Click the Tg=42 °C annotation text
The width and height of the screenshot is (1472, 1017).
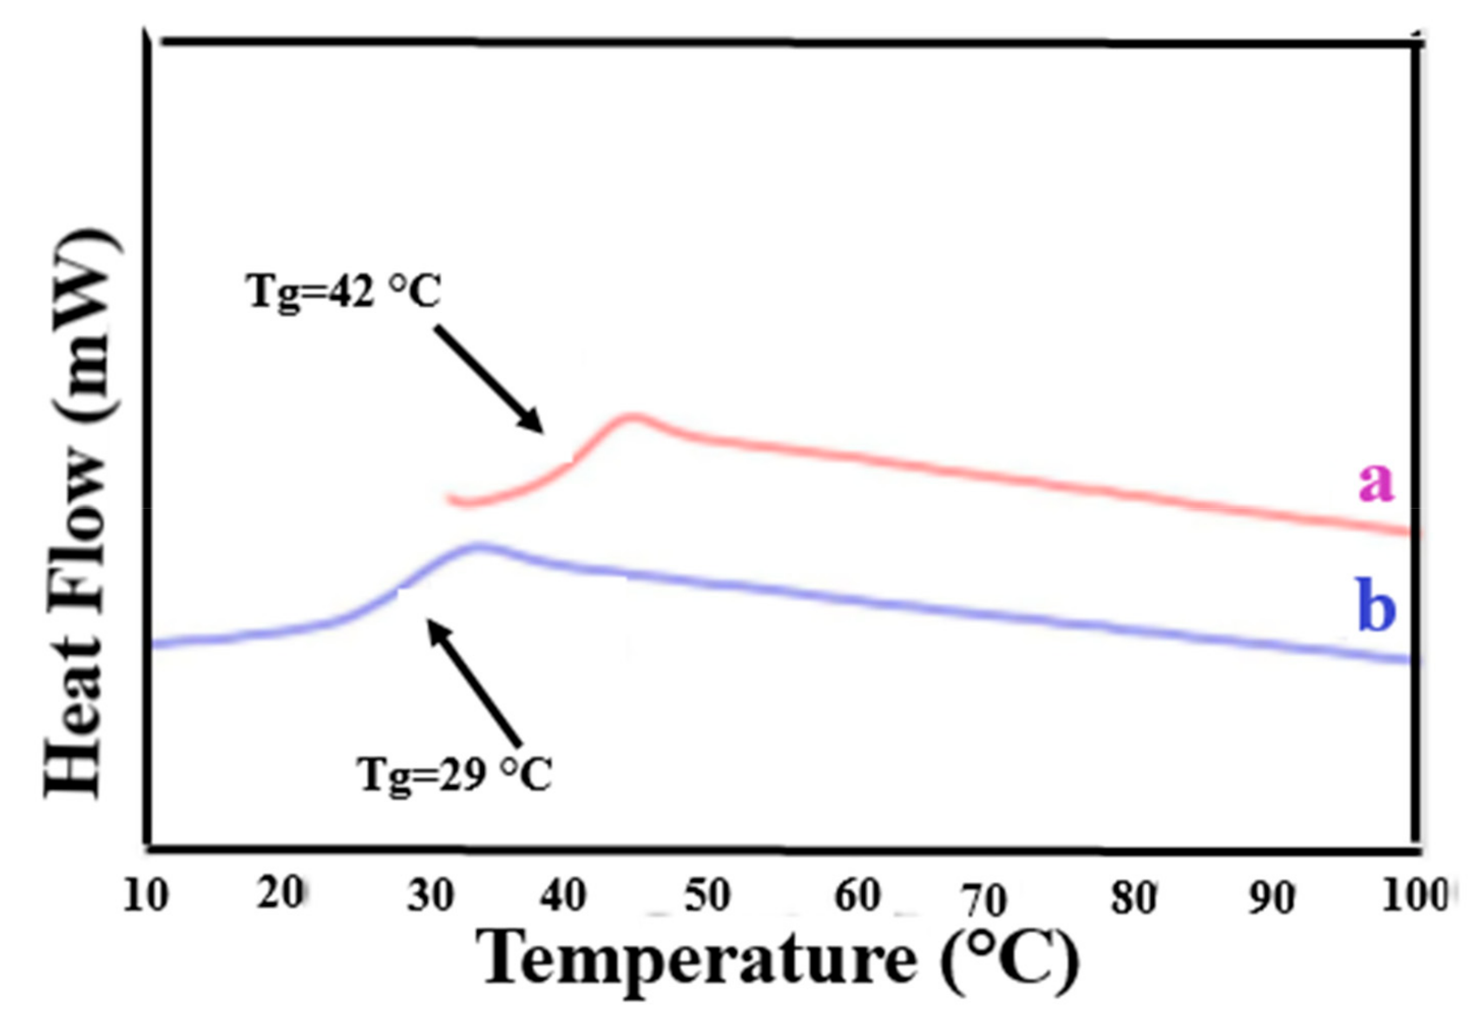[x=344, y=292]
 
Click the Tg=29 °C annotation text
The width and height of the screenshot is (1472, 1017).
[x=454, y=775]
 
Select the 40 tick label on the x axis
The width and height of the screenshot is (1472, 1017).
[x=563, y=895]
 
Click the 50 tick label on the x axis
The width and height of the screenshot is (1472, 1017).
[x=706, y=895]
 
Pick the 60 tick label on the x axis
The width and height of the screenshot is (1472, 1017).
[x=857, y=895]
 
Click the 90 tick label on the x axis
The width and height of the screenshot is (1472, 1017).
[x=1271, y=899]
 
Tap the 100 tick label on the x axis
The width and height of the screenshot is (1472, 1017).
[x=1417, y=896]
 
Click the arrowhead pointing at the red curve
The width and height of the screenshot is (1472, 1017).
[x=533, y=422]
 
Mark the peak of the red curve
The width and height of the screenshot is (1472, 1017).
[x=631, y=418]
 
